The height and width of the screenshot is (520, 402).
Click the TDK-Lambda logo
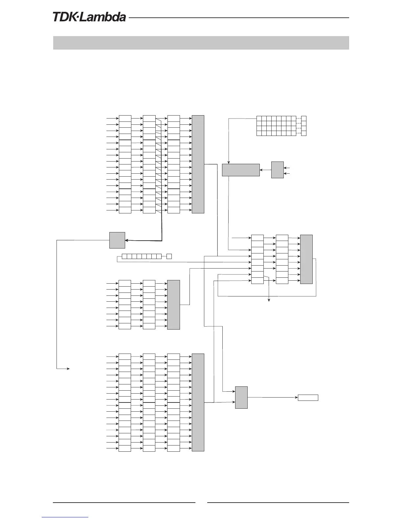pyautogui.click(x=89, y=17)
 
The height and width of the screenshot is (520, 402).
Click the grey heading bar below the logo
pyautogui.click(x=201, y=43)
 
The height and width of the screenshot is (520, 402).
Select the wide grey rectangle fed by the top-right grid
pyautogui.click(x=241, y=170)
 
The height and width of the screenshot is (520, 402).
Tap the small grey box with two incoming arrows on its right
pyautogui.click(x=278, y=170)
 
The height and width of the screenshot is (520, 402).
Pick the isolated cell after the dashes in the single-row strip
pyautogui.click(x=169, y=256)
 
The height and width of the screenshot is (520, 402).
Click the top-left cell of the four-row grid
pyautogui.click(x=259, y=118)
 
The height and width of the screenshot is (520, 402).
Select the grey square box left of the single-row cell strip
pyautogui.click(x=117, y=240)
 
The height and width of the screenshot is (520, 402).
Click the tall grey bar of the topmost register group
pyautogui.click(x=198, y=164)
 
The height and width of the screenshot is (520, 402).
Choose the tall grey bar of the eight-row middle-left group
pyautogui.click(x=174, y=305)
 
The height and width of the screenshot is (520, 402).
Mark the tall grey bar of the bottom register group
pyautogui.click(x=198, y=402)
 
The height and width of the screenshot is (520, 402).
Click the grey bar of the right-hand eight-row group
pyautogui.click(x=306, y=259)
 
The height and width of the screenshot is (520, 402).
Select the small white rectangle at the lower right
pyautogui.click(x=308, y=398)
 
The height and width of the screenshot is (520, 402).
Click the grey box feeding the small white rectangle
pyautogui.click(x=241, y=398)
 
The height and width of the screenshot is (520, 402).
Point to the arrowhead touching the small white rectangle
pyautogui.click(x=296, y=398)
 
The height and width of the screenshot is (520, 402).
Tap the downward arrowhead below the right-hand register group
pyautogui.click(x=269, y=300)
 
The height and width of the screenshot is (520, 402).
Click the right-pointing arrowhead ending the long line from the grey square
pyautogui.click(x=68, y=369)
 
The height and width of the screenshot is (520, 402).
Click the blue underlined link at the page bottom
pyautogui.click(x=65, y=517)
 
